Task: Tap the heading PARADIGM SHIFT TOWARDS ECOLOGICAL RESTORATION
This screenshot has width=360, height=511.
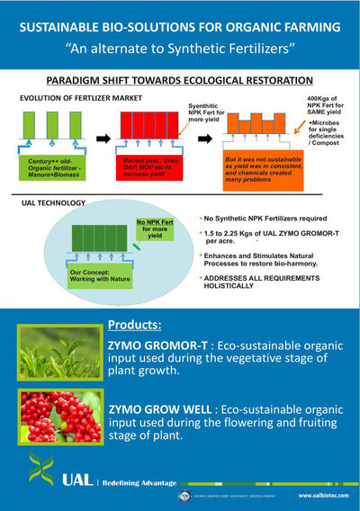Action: click(180, 80)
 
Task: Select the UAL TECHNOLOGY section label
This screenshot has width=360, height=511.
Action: click(53, 203)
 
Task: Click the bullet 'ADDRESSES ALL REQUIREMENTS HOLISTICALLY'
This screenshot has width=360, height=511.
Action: click(261, 282)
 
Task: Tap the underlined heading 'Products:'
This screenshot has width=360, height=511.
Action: click(135, 323)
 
